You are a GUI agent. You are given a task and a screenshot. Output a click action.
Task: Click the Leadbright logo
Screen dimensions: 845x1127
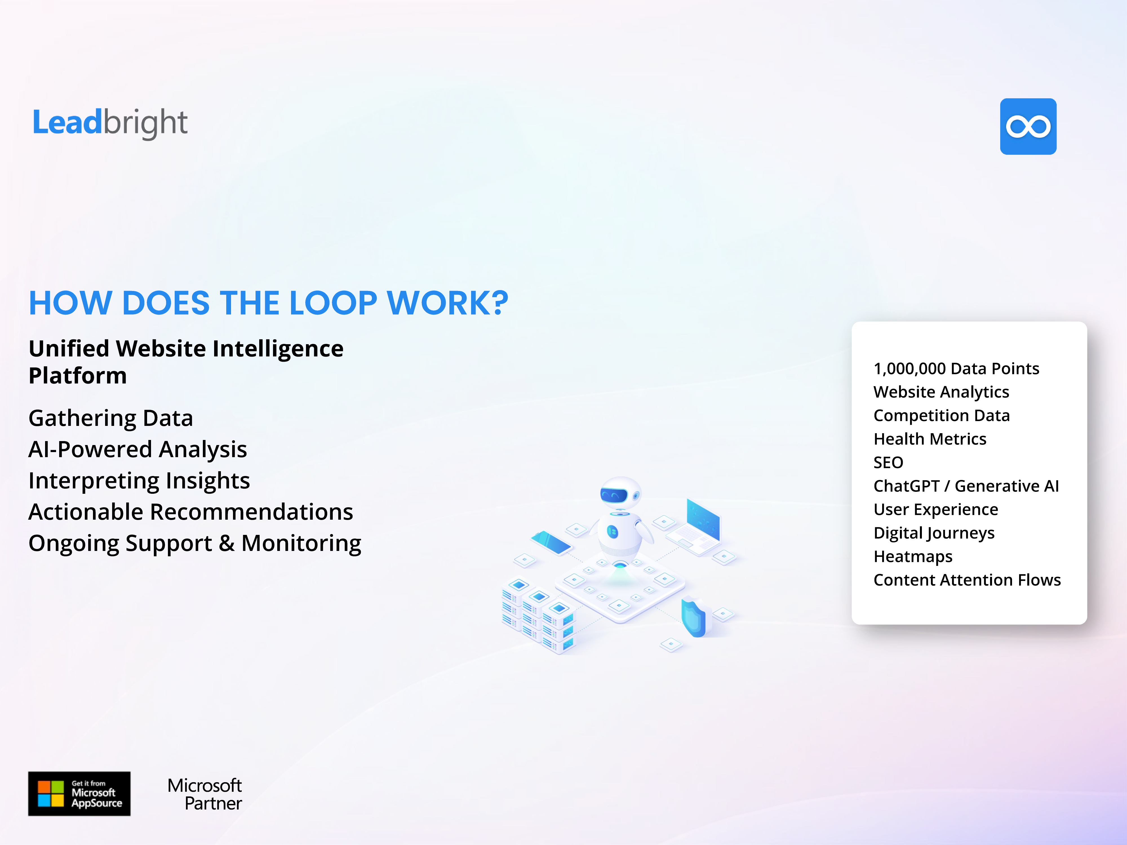pos(110,123)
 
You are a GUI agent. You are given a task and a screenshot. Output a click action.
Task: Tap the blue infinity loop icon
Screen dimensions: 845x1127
pos(1028,126)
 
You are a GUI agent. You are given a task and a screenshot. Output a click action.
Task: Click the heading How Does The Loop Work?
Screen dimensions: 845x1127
pos(269,303)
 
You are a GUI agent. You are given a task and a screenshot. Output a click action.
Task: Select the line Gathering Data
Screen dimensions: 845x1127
pos(110,418)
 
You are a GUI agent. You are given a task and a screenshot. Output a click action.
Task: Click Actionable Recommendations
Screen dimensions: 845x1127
pos(190,512)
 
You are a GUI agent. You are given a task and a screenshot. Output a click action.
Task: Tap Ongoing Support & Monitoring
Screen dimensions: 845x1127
pos(195,543)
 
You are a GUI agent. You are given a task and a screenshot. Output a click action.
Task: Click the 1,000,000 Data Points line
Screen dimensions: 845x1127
pos(956,368)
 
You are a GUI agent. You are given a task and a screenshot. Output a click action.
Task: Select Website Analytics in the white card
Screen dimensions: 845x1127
pos(941,392)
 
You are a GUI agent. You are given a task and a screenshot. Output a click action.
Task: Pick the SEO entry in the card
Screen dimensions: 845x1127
pos(888,462)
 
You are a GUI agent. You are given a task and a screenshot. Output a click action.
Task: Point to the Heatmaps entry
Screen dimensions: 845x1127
pos(913,556)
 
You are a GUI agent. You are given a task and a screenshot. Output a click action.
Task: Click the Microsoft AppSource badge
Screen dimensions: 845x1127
pos(79,793)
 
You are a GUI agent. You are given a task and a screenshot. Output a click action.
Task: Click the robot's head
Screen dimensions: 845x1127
pos(620,493)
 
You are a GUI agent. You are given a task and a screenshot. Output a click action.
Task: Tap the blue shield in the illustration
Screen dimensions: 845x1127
pos(694,617)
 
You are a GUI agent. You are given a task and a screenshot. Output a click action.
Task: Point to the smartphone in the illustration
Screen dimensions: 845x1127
pos(551,542)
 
